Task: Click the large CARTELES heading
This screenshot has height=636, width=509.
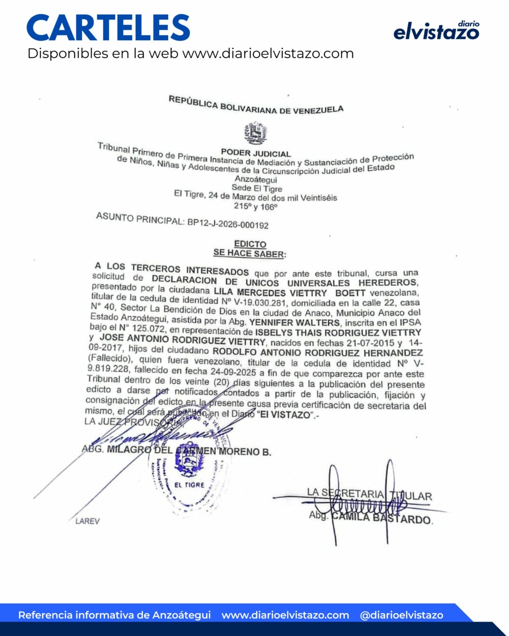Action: [108, 28]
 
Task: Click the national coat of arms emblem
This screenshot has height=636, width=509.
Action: [255, 134]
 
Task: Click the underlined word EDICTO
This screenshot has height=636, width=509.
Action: [250, 245]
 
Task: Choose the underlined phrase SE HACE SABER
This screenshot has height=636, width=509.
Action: [249, 253]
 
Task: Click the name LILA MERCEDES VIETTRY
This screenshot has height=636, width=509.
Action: [270, 293]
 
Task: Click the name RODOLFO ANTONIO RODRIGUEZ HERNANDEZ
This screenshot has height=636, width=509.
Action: [317, 352]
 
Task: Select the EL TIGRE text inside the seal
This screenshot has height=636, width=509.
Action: [189, 485]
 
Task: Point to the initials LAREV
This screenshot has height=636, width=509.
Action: [87, 521]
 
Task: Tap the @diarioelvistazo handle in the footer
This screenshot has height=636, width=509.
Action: [401, 615]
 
